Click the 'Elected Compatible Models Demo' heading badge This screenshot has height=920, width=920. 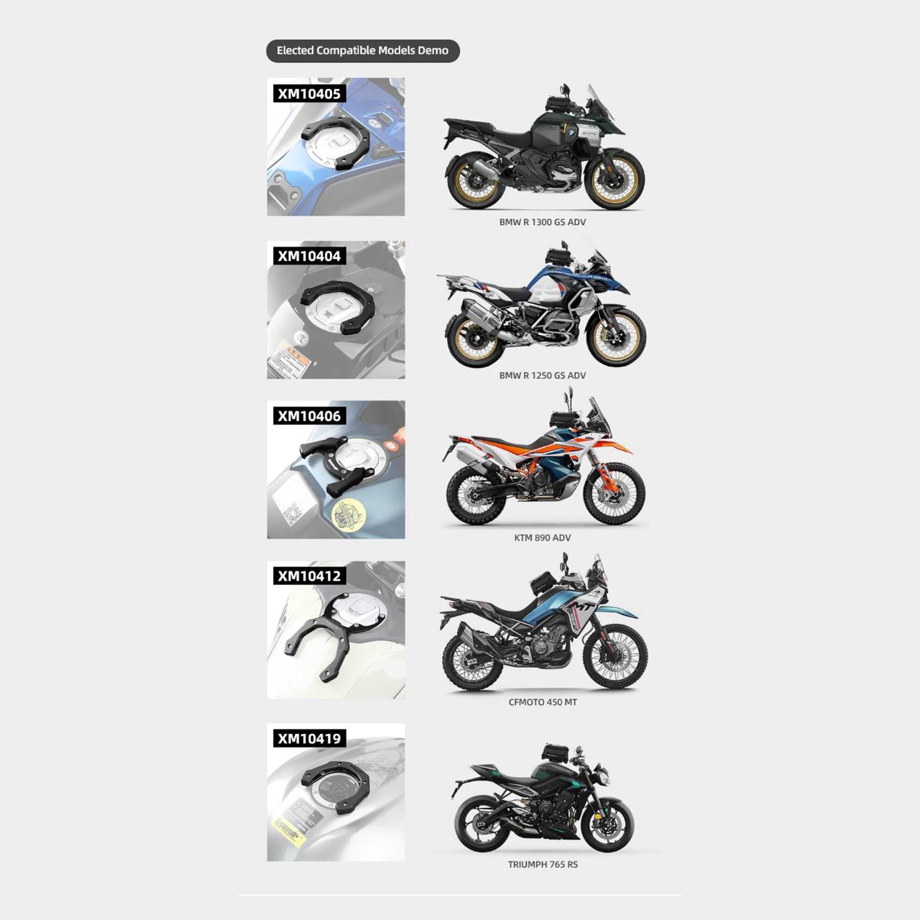click(x=362, y=50)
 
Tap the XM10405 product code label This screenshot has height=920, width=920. click(x=309, y=93)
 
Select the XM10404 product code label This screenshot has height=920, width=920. click(x=309, y=256)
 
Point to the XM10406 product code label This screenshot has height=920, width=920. click(x=309, y=415)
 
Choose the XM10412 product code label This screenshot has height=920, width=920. click(x=309, y=576)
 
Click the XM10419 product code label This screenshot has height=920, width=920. click(x=309, y=738)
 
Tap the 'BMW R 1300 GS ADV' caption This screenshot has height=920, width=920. click(x=542, y=222)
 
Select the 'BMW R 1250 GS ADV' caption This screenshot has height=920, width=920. click(x=542, y=375)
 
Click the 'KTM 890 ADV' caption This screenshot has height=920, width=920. click(x=542, y=538)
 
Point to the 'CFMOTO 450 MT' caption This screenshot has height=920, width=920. click(x=542, y=702)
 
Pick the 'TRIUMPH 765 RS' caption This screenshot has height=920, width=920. click(x=542, y=865)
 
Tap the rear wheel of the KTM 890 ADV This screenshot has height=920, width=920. click(x=474, y=495)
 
